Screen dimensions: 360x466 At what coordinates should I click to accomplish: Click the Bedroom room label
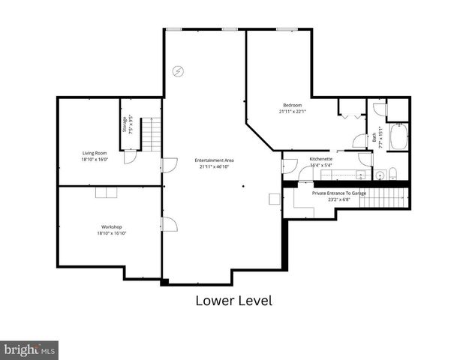click(292, 104)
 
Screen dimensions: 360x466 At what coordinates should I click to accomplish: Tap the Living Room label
click(95, 153)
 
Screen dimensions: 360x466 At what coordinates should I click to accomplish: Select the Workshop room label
click(112, 226)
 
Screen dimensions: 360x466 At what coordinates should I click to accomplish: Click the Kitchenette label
click(320, 159)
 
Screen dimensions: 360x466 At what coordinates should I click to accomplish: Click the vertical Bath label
click(374, 137)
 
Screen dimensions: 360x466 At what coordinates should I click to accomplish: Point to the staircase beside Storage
click(152, 135)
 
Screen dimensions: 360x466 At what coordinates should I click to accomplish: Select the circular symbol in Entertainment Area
click(178, 71)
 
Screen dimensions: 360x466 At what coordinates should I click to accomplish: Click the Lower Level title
click(233, 301)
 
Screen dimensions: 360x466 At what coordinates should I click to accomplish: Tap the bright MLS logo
click(29, 350)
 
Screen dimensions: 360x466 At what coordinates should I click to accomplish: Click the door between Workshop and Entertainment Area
click(169, 224)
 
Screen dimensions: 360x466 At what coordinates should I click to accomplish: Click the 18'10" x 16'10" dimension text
click(112, 233)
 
